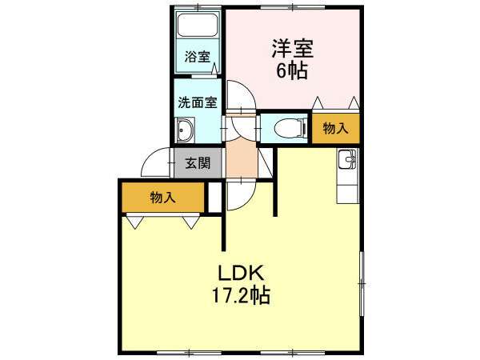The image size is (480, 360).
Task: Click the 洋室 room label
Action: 293,49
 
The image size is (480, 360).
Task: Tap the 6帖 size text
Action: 292,72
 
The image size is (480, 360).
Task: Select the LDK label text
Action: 241,274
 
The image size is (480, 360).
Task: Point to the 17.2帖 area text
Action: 241,295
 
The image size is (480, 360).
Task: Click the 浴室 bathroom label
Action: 197,57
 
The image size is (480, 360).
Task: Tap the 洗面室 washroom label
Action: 198,102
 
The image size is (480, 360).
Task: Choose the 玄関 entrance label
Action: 198,163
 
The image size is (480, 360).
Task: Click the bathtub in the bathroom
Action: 198,24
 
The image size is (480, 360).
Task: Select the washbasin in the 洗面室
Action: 185,130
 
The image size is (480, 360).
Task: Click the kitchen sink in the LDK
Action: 347,158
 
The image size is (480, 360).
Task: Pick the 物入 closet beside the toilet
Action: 335,128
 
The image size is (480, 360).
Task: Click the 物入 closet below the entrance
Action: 163,198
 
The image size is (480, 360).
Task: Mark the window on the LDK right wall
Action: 362,284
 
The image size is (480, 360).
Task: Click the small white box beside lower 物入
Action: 215,198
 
